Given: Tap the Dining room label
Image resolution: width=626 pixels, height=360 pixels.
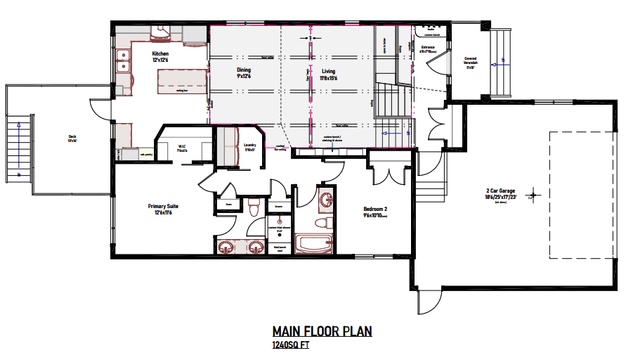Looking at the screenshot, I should coord(243,70).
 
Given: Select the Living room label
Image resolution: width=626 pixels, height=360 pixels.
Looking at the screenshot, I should coord(329,71).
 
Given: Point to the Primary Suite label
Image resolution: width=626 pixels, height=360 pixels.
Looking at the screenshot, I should coord(163,207).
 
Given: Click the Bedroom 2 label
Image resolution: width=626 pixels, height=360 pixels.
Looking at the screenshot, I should coord(375,210).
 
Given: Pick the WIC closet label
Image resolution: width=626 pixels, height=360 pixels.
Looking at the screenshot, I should coord(181,146).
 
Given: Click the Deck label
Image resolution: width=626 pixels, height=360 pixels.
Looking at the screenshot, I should coord(72,137).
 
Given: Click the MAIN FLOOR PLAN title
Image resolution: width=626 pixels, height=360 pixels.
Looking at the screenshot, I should coord(322,332).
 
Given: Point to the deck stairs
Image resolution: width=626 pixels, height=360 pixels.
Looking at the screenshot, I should coord(18,148).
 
